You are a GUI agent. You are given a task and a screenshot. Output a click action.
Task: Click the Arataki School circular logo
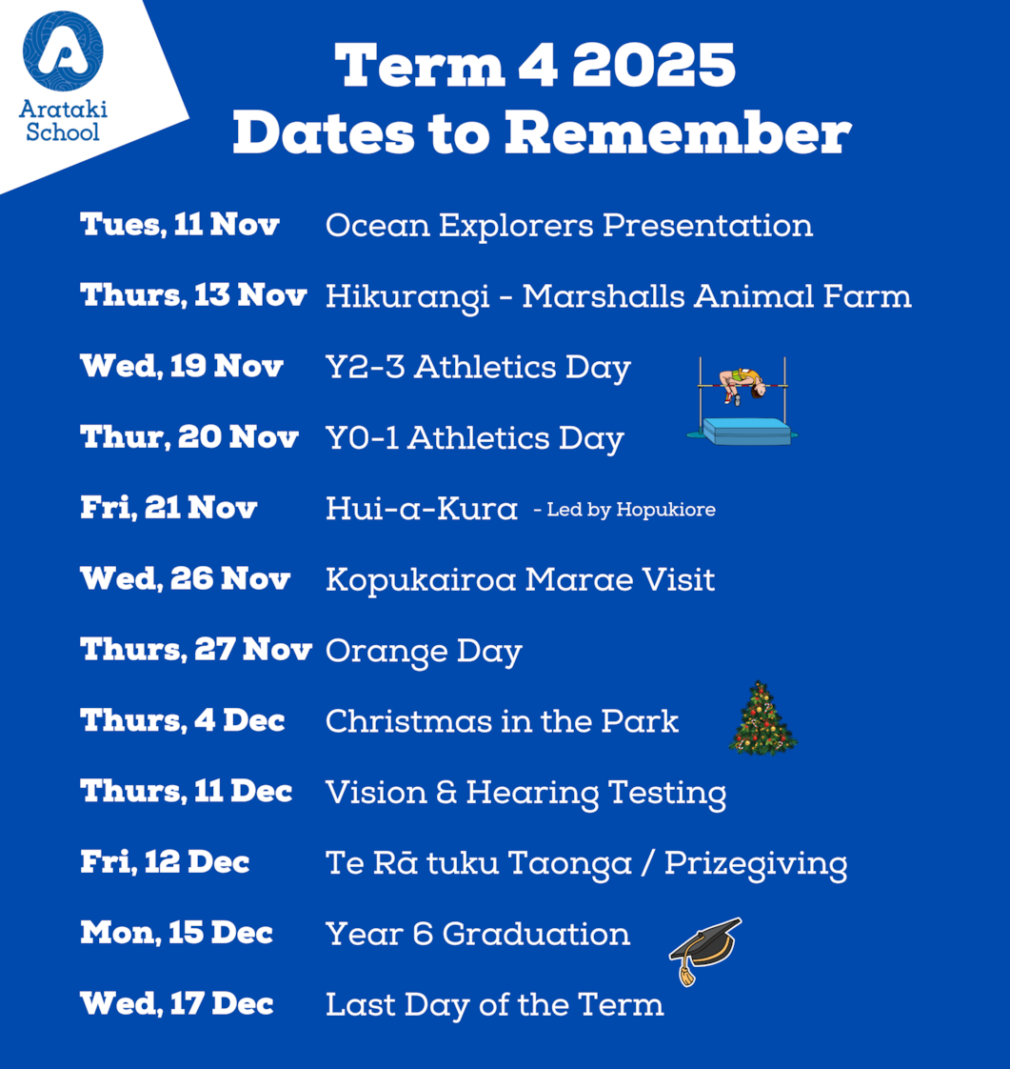pos(63,51)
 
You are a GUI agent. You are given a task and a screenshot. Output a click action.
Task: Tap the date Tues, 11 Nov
pos(180,224)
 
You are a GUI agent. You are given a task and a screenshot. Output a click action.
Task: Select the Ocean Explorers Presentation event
pos(569,226)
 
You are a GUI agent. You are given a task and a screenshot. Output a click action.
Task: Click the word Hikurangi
pos(407,297)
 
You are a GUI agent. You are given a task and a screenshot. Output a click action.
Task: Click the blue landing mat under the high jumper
pos(747,432)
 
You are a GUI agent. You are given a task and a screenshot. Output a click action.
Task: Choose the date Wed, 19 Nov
pos(182,366)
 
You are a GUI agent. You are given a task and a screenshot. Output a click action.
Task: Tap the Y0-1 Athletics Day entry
pos(475,438)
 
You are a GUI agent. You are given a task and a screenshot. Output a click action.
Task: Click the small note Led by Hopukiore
pos(630,510)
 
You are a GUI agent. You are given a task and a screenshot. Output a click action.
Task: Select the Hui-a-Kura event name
pos(422,509)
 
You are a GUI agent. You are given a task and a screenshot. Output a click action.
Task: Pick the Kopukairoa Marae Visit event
pos(521,580)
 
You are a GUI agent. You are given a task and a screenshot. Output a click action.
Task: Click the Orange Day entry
pos(424,652)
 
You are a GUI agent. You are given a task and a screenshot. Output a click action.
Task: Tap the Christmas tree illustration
pos(762,717)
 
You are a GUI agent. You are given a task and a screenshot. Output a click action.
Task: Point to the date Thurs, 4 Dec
pos(183,720)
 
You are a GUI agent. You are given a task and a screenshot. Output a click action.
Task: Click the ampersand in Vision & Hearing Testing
pos(446,792)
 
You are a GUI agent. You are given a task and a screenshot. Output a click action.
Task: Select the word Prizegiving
pos(756,864)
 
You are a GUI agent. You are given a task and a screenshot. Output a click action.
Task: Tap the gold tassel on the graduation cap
pos(686,973)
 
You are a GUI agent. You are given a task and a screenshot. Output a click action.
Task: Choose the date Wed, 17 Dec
pos(177,1003)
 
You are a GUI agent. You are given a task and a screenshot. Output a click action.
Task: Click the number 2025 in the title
pos(654,66)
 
